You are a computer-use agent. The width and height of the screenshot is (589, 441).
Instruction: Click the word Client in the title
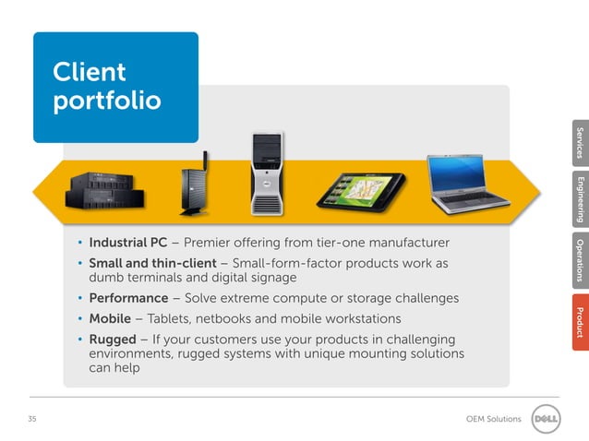(90, 71)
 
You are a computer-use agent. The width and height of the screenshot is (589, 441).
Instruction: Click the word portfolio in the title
(107, 101)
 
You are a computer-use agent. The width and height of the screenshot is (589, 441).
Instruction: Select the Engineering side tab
(579, 198)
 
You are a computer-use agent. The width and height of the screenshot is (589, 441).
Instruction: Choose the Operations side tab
(579, 260)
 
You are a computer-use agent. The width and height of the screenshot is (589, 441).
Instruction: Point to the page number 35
(32, 420)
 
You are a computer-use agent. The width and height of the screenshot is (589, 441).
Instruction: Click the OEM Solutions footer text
(493, 420)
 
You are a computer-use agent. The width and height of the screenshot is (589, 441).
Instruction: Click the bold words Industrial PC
(127, 244)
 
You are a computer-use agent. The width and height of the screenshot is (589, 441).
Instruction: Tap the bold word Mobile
(110, 319)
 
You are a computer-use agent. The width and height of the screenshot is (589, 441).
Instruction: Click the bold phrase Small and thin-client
(152, 264)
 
